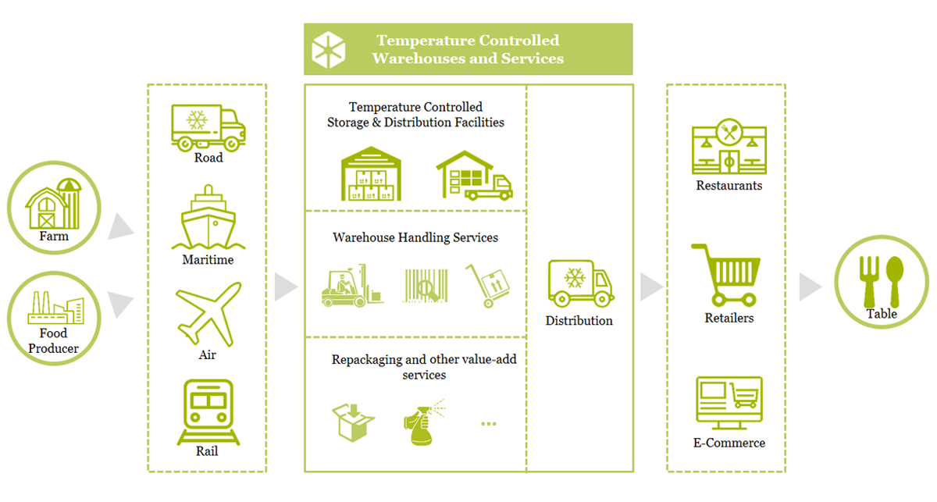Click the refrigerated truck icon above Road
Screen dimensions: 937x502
tap(208, 127)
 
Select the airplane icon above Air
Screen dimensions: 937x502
tap(208, 314)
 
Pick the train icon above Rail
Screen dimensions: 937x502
tap(208, 412)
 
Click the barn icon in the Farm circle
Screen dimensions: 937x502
tap(54, 204)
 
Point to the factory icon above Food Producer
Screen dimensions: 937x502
tap(55, 308)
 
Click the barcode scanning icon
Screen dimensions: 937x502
tap(426, 285)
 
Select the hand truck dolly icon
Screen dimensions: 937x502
tap(488, 285)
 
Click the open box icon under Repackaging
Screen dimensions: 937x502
tap(353, 422)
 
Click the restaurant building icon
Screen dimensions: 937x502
tap(729, 146)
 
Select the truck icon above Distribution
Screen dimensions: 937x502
tap(581, 283)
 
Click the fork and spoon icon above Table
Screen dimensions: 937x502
tap(882, 282)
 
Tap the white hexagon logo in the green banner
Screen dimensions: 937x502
tap(329, 49)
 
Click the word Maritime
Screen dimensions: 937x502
tap(208, 260)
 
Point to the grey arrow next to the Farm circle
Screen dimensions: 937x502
tap(120, 226)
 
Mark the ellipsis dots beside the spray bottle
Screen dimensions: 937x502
tap(489, 424)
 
